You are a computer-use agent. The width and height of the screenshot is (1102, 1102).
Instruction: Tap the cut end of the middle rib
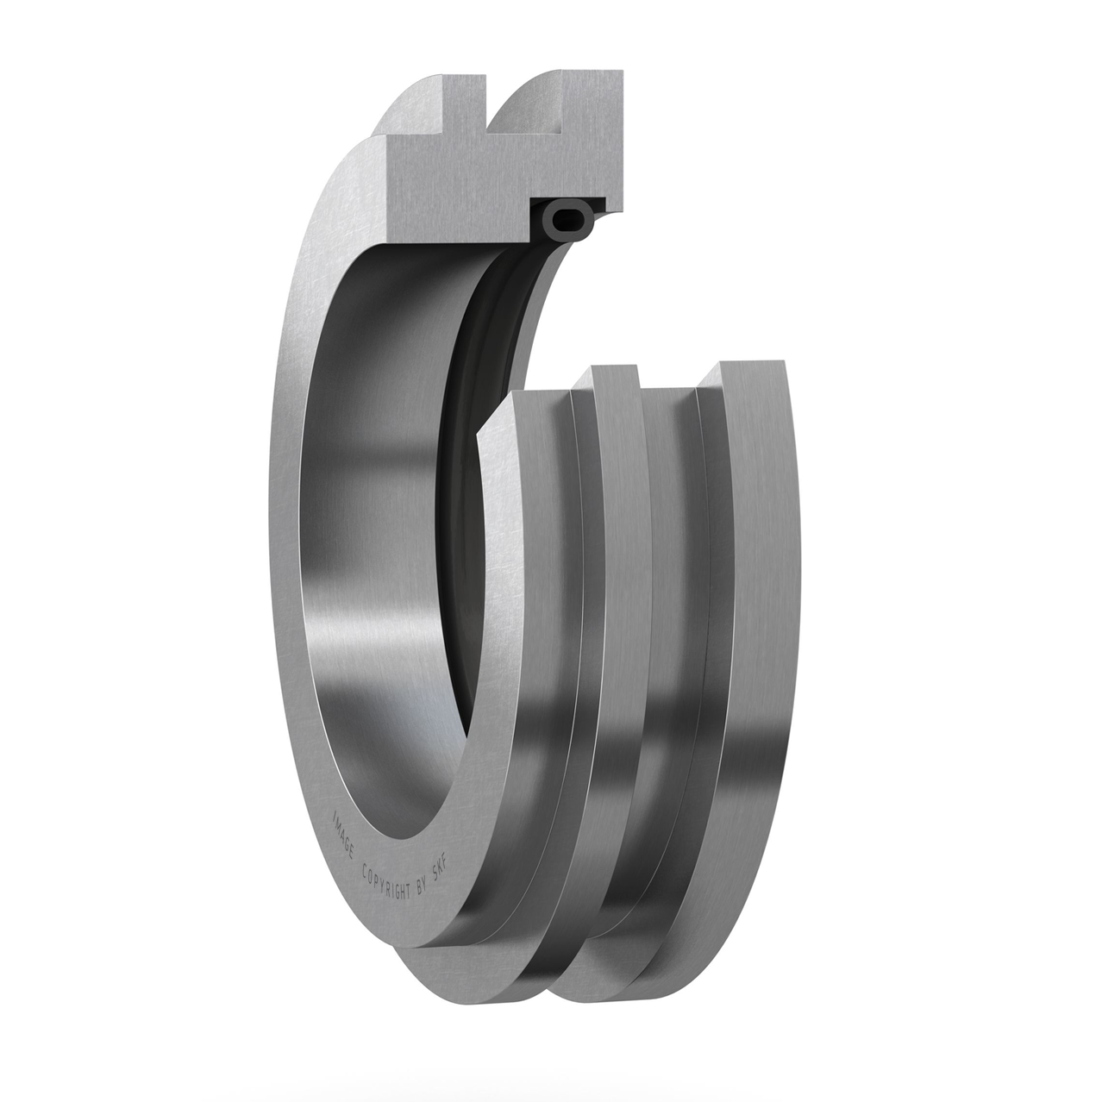click(x=615, y=379)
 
